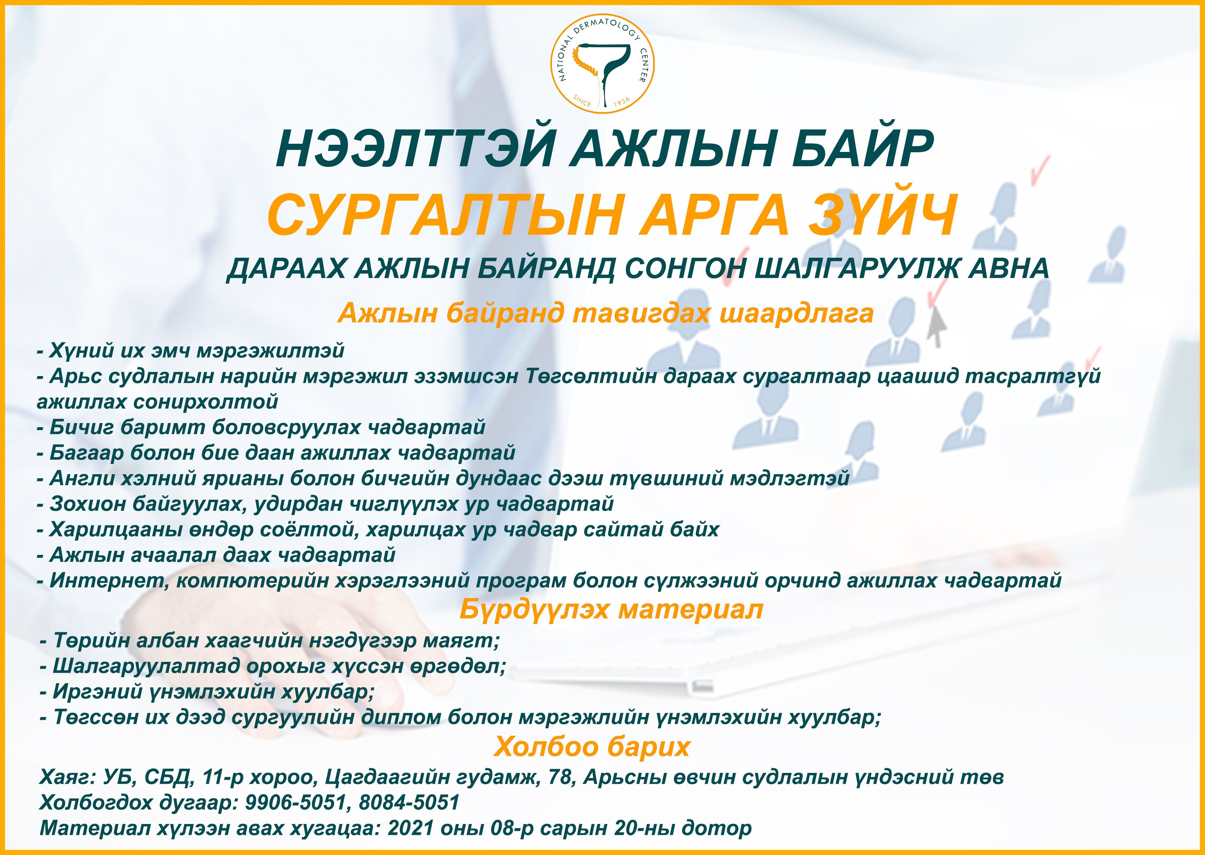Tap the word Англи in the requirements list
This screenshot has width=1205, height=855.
point(82,478)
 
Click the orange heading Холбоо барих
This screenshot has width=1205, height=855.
point(592,747)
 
